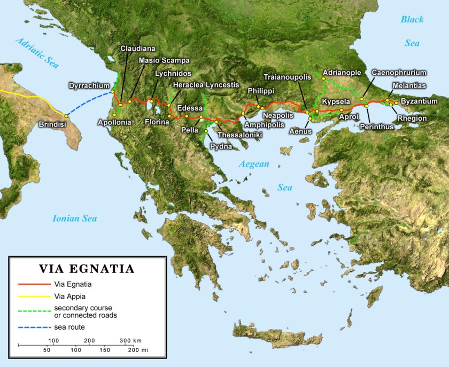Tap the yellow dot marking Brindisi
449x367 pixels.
[x=66, y=116]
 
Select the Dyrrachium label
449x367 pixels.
[x=89, y=85]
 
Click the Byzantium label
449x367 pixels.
[x=419, y=101]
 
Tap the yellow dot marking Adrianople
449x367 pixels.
[x=323, y=78]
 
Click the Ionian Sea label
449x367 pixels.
[x=74, y=218]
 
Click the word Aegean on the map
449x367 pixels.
[x=254, y=164]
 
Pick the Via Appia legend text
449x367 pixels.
[x=69, y=296]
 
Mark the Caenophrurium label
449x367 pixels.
[x=399, y=72]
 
